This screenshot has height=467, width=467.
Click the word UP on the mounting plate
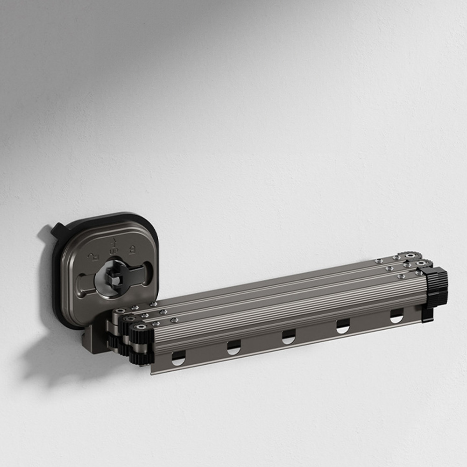click(x=114, y=251)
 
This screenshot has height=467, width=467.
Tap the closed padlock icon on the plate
click(x=132, y=250)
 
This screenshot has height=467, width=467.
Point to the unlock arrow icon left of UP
click(x=93, y=257)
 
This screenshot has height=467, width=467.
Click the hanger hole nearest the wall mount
click(x=178, y=359)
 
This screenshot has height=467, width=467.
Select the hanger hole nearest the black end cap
click(x=397, y=316)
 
